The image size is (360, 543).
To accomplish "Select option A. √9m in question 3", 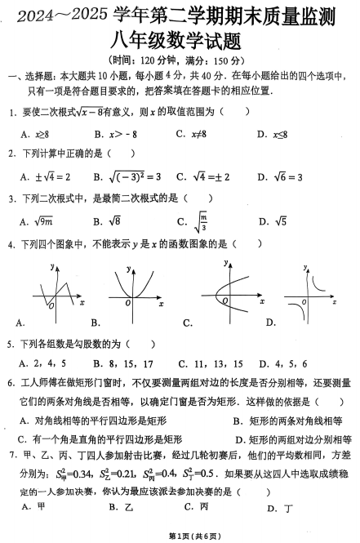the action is pos(38,220).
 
